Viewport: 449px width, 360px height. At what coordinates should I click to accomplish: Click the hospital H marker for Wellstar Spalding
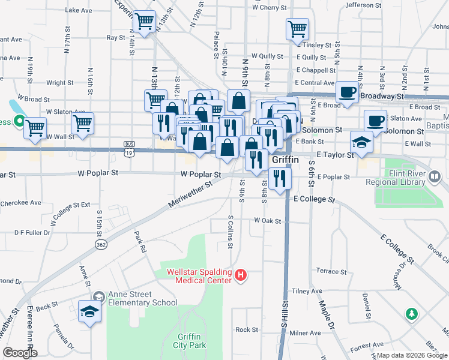[x=241, y=276]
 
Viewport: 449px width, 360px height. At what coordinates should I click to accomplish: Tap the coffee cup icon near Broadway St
[x=346, y=92]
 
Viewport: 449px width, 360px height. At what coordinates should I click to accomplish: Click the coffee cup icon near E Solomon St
[x=375, y=120]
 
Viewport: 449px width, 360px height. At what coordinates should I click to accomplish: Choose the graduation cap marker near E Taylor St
[x=361, y=142]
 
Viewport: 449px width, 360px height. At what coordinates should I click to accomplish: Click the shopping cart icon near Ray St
[x=145, y=22]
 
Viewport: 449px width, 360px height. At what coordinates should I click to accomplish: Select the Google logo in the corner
[x=20, y=353]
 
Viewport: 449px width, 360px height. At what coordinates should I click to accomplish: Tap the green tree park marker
[x=411, y=314]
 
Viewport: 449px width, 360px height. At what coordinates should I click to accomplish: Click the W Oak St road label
[x=268, y=221]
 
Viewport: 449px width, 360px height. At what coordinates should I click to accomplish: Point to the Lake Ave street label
[x=79, y=11]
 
